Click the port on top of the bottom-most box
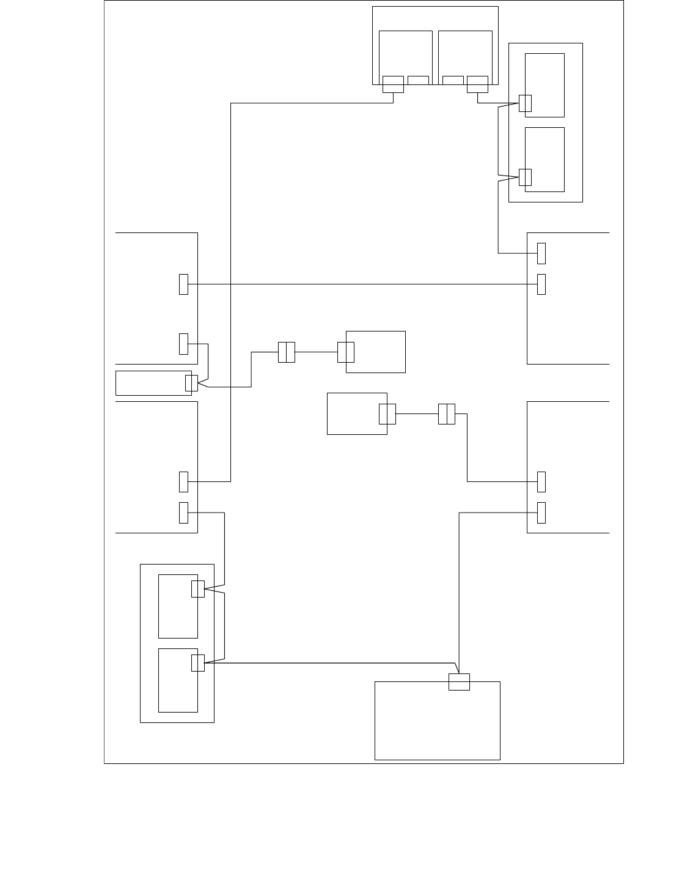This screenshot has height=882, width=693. tap(459, 681)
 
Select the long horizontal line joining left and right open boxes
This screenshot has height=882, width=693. tap(361, 284)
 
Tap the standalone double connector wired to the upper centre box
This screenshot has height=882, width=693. tap(286, 352)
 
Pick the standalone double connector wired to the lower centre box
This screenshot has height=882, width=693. tap(447, 414)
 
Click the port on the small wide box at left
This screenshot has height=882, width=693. tap(191, 383)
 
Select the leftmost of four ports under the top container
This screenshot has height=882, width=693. tap(393, 84)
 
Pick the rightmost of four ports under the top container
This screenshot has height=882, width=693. tap(477, 84)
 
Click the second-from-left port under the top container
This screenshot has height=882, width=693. tap(418, 80)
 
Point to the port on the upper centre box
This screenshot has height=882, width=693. tap(346, 352)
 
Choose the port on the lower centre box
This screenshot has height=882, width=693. tap(387, 414)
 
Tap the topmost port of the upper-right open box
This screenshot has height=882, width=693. tap(541, 253)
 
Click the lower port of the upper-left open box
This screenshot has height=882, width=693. tap(183, 344)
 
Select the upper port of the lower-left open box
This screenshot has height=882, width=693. tap(183, 482)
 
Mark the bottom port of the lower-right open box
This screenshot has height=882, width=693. tap(541, 513)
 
